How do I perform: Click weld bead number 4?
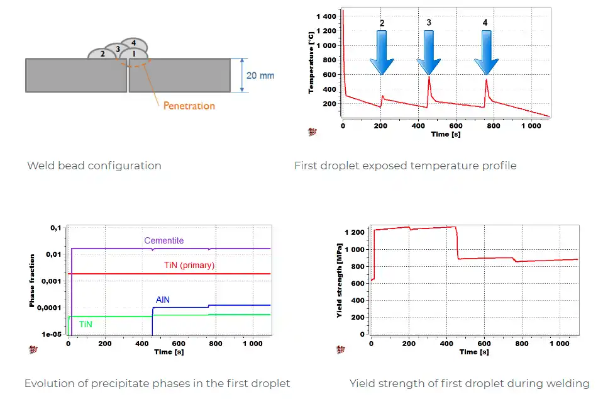click(133, 43)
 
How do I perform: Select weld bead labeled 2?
click(102, 54)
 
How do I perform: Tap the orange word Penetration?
click(189, 106)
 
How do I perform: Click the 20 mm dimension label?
click(260, 76)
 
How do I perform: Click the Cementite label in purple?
click(163, 240)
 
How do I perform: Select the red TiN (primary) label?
click(189, 266)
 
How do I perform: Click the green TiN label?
click(86, 324)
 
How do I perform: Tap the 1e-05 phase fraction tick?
click(51, 334)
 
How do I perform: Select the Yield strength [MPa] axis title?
click(340, 281)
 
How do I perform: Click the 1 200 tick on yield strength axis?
click(355, 232)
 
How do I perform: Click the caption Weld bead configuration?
click(94, 166)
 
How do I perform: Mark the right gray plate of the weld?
click(180, 76)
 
